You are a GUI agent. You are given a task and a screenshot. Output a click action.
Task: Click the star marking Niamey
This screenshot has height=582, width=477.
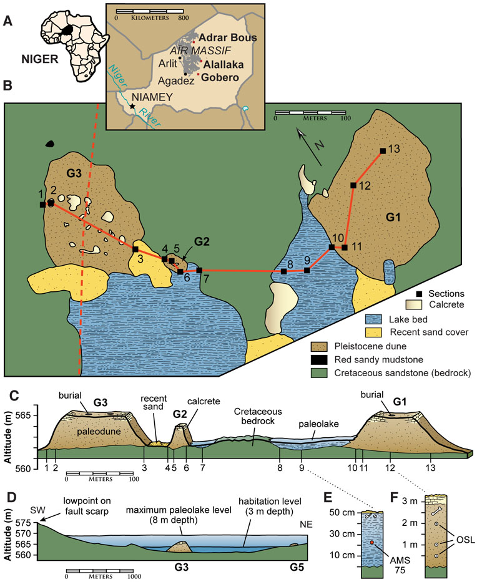tap(132, 107)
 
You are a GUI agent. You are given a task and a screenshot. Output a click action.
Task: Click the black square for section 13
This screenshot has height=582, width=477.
tap(382, 150)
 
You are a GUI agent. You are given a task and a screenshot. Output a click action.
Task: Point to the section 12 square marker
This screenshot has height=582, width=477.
tap(353, 185)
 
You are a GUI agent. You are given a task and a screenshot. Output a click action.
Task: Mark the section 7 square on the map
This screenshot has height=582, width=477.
tap(199, 270)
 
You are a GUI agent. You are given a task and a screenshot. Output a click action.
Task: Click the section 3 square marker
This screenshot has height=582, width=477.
tap(135, 249)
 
